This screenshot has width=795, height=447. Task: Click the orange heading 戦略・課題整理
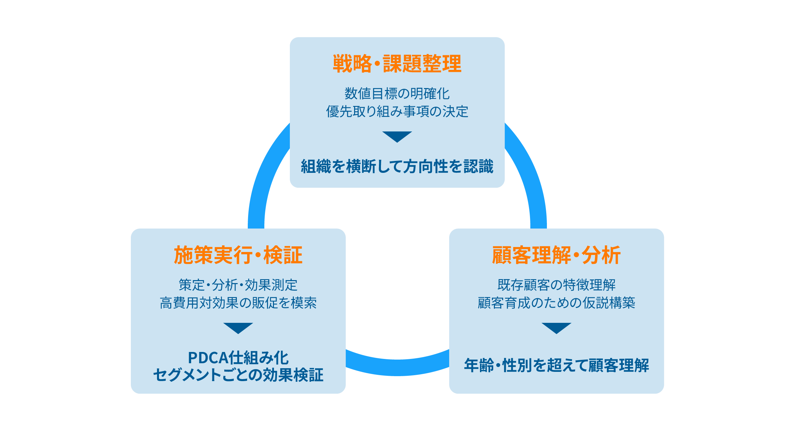tap(397, 64)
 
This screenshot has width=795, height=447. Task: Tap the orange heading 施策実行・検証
tap(238, 255)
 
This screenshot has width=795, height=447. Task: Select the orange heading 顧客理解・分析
tap(556, 255)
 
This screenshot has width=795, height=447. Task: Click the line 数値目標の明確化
tap(397, 94)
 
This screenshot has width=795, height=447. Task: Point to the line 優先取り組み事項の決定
tap(397, 112)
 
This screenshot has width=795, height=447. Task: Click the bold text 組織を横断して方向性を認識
tap(397, 166)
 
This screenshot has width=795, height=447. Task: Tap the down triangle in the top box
tap(397, 136)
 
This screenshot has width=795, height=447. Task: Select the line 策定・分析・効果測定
tap(238, 285)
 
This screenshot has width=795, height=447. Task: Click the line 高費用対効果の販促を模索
tap(238, 303)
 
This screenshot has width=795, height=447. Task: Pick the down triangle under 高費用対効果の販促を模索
tap(238, 327)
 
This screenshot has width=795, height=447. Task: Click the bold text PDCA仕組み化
tap(238, 358)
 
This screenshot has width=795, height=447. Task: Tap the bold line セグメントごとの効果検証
tap(238, 375)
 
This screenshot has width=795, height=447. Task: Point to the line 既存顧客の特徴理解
tap(556, 285)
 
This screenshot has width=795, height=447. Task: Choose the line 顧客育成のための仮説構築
tap(556, 303)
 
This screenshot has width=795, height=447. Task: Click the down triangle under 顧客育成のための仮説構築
tap(556, 327)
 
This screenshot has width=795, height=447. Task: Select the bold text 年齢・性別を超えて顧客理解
tap(556, 365)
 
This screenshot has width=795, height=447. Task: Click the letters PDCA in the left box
tap(208, 358)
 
